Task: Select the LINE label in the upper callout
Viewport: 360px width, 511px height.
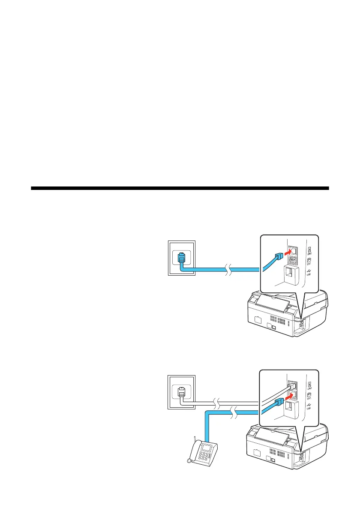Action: [x=309, y=251]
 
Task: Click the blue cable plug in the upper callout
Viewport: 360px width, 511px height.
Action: [x=277, y=258]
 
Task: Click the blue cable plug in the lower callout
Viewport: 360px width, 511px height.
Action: [x=277, y=401]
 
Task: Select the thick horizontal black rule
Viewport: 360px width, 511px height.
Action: [x=180, y=188]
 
